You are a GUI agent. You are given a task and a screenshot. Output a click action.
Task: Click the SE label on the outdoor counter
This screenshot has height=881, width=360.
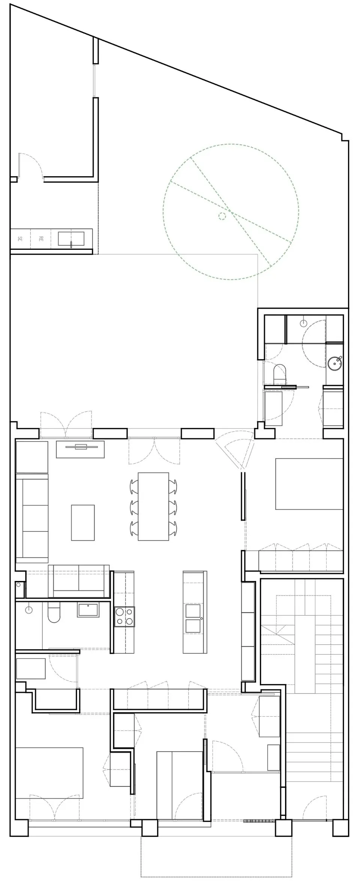[x=20, y=238]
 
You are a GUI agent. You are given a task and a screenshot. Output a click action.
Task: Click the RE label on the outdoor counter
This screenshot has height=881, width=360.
[x=41, y=238]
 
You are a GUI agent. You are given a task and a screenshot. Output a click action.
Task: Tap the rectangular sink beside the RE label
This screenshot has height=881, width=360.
[x=71, y=239]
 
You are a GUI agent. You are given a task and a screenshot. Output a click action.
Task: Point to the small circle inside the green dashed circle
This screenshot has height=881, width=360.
[x=222, y=215]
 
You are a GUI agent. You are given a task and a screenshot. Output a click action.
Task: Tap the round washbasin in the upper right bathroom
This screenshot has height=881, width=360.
[x=334, y=363]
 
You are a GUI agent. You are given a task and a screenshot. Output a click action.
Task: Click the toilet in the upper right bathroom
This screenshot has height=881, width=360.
[x=279, y=374]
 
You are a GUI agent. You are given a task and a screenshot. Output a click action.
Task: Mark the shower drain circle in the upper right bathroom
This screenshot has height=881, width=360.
[x=304, y=323]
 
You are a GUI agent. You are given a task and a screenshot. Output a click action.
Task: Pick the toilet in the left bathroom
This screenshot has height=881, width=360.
[x=54, y=612]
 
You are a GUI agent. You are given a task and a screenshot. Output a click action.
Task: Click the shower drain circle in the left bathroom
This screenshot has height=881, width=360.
[x=28, y=610]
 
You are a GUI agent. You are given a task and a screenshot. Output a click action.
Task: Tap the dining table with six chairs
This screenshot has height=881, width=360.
[x=153, y=506]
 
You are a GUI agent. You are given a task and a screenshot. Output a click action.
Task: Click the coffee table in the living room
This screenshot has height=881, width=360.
[x=83, y=522]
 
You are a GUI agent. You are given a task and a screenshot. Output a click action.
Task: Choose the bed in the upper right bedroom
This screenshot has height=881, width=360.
[x=309, y=484]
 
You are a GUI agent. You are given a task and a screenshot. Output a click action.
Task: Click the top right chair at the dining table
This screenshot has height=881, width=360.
[x=173, y=486]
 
